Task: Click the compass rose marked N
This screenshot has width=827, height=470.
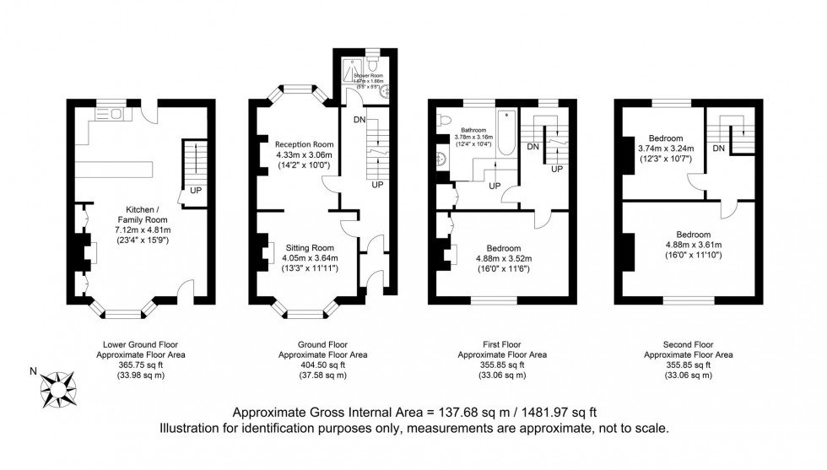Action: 60,389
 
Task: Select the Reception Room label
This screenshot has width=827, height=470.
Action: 302,143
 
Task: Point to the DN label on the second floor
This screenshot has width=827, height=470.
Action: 718,149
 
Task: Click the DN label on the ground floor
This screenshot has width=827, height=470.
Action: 359,120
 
